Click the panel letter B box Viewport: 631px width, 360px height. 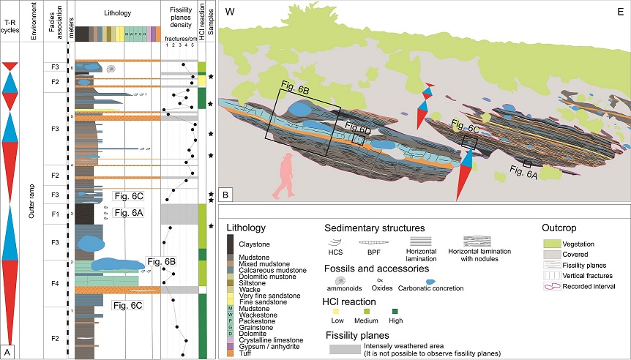tap(226, 195)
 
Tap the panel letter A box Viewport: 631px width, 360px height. tap(7, 352)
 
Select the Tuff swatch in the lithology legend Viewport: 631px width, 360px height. tap(231, 353)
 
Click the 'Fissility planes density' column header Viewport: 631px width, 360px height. tap(179, 20)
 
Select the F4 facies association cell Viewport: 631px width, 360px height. tap(54, 280)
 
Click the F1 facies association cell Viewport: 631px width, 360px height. tap(54, 214)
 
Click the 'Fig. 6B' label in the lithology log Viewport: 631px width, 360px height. tap(161, 261)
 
